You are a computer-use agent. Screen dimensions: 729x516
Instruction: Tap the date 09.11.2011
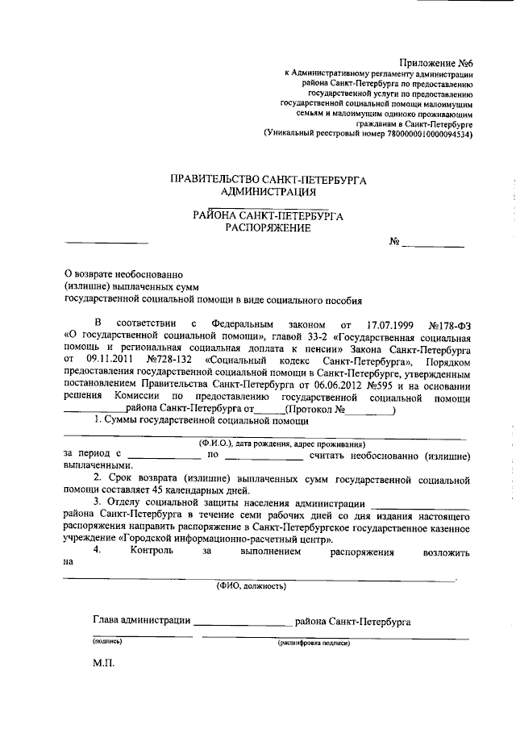(107, 357)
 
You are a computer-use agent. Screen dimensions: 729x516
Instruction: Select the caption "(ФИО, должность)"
(251, 586)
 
